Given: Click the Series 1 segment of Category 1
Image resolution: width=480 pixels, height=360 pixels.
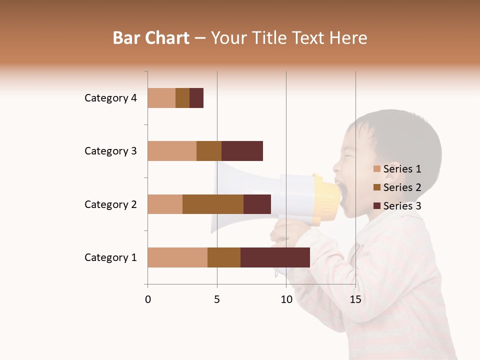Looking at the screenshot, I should (177, 257).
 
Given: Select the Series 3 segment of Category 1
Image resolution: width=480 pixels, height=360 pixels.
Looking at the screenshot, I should (275, 257).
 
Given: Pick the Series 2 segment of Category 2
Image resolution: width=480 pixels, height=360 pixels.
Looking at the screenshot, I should (213, 204).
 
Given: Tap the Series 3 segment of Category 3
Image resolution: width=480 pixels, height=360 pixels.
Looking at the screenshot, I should (242, 151).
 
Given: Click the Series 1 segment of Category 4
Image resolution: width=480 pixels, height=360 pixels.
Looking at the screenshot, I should (161, 98).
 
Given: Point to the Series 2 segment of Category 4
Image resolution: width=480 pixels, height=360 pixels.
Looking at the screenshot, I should (182, 98).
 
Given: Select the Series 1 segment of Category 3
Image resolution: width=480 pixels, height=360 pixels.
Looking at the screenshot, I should (172, 151).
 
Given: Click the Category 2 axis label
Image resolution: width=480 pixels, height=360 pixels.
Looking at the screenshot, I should (110, 204).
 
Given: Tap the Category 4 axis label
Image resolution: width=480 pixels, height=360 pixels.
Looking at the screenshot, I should (110, 98).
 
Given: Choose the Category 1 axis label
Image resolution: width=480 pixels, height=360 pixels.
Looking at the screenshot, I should (110, 257).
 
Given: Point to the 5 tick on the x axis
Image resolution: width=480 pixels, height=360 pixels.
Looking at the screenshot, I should (217, 299).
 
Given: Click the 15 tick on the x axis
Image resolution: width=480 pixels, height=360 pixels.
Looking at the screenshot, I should (355, 299).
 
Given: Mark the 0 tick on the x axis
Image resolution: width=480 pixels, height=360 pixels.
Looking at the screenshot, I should (148, 299).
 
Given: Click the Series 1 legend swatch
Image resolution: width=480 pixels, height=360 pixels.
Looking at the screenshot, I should (376, 169).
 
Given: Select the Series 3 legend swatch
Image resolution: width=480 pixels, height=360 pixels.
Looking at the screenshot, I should (376, 206).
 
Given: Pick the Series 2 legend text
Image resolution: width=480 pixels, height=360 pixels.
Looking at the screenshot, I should (402, 187).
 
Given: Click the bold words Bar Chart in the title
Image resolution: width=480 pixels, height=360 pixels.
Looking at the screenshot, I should (151, 38).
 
